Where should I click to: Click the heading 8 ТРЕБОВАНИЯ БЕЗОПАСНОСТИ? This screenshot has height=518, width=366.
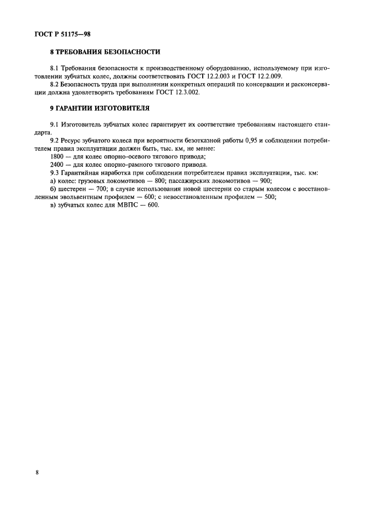105,53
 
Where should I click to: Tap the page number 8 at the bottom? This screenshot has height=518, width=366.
37,472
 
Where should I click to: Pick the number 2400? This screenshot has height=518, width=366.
57,165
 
